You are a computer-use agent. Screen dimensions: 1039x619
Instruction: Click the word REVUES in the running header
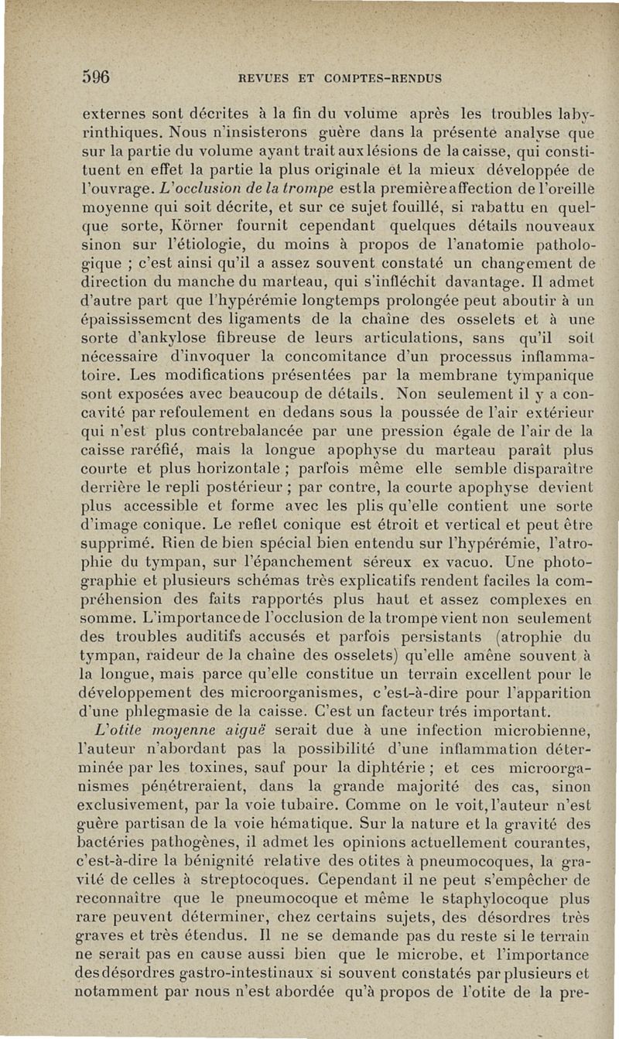[266, 78]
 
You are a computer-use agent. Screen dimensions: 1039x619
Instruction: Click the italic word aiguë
[242, 729]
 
